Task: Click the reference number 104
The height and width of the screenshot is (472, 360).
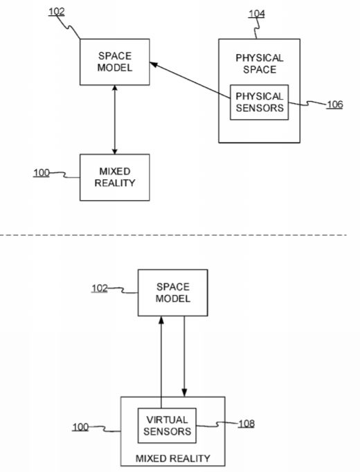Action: [256, 14]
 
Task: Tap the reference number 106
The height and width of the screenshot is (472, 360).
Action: [334, 105]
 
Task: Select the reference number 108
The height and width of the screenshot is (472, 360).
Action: [246, 424]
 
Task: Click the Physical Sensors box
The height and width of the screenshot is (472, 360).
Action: [259, 102]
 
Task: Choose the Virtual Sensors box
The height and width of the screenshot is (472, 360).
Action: [167, 426]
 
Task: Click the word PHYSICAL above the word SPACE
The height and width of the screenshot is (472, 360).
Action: [260, 58]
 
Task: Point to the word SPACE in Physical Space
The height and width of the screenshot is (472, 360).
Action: [260, 69]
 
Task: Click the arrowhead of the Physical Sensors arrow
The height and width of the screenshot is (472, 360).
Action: [154, 64]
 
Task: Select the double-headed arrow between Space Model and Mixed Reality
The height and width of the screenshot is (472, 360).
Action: [114, 120]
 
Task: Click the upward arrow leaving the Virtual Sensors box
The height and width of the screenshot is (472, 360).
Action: [161, 362]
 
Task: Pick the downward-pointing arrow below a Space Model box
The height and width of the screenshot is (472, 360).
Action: [184, 356]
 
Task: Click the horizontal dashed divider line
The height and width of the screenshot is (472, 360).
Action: [173, 235]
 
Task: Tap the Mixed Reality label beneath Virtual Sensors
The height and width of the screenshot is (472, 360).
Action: [173, 458]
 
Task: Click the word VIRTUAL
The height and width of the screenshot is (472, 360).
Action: [167, 419]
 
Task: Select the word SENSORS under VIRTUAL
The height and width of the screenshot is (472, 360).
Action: [167, 431]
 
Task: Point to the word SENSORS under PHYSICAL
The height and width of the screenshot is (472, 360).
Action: [260, 108]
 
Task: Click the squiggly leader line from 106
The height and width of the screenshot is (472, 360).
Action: [307, 104]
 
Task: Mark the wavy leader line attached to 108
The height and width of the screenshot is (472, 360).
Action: [217, 425]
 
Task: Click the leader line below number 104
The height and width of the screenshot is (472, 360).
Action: [257, 28]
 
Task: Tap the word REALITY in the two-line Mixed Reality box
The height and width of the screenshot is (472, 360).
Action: [115, 183]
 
